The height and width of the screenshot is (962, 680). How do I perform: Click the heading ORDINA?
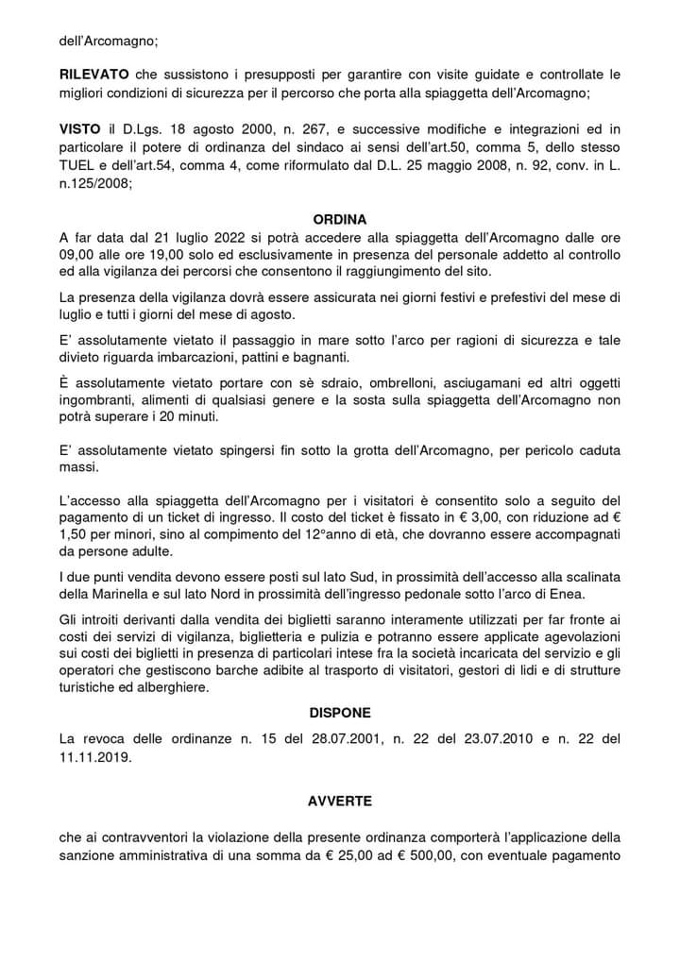[339, 218]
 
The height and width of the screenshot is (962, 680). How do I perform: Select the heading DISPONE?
[339, 712]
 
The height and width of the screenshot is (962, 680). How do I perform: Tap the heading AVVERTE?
[339, 801]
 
